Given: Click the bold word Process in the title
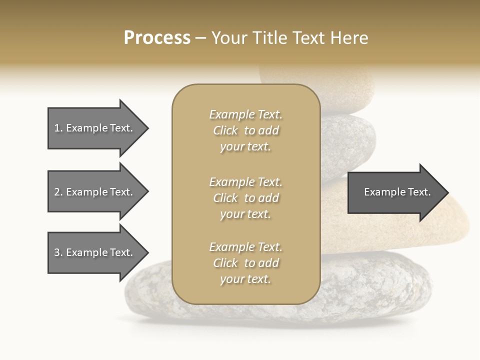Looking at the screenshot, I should (157, 38).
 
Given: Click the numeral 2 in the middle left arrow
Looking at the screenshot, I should (57, 192).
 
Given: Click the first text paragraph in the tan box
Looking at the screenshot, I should (245, 130).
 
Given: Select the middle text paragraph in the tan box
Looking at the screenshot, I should (245, 197).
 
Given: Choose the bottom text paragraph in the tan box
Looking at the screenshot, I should (245, 263).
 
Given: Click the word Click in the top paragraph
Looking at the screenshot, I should (225, 130).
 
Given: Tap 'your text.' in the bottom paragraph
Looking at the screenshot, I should (245, 279).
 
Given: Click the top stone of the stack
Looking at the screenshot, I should (345, 90).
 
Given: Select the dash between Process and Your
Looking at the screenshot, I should (201, 38).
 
